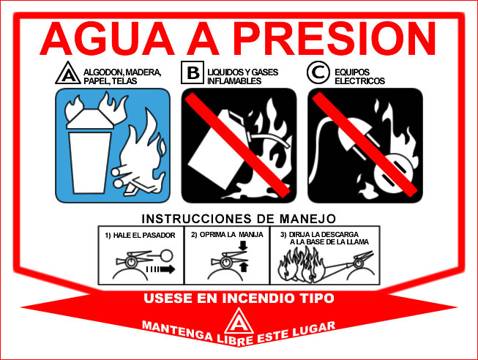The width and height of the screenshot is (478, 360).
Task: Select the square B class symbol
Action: coord(193,73)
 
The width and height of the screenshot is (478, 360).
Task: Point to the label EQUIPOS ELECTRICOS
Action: coord(359,76)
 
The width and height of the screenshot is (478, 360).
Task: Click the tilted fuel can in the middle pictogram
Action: coord(212,150)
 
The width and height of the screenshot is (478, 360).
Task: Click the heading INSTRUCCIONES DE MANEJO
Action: coord(239,218)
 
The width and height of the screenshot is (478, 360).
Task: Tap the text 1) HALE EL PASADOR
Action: coord(140,235)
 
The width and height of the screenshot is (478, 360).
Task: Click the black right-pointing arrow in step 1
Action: coord(166,269)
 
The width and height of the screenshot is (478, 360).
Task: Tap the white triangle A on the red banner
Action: coord(237,322)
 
